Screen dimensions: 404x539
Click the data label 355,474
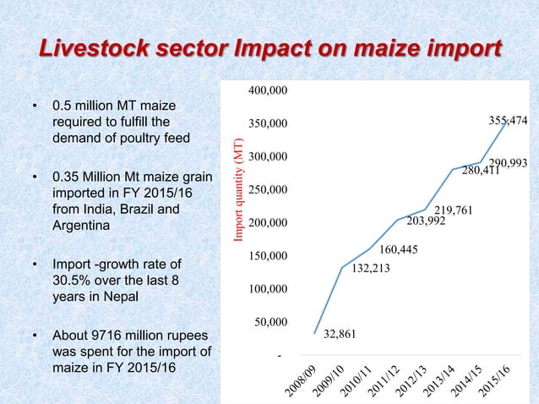pyautogui.click(x=509, y=122)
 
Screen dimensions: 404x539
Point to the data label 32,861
pyautogui.click(x=340, y=334)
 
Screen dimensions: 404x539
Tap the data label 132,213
pyautogui.click(x=370, y=270)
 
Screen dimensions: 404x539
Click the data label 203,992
pyautogui.click(x=426, y=221)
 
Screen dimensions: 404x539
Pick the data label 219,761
pyautogui.click(x=454, y=209)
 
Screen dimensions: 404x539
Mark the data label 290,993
pyautogui.click(x=509, y=162)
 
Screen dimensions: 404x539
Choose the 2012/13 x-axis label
pyautogui.click(x=415, y=383)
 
